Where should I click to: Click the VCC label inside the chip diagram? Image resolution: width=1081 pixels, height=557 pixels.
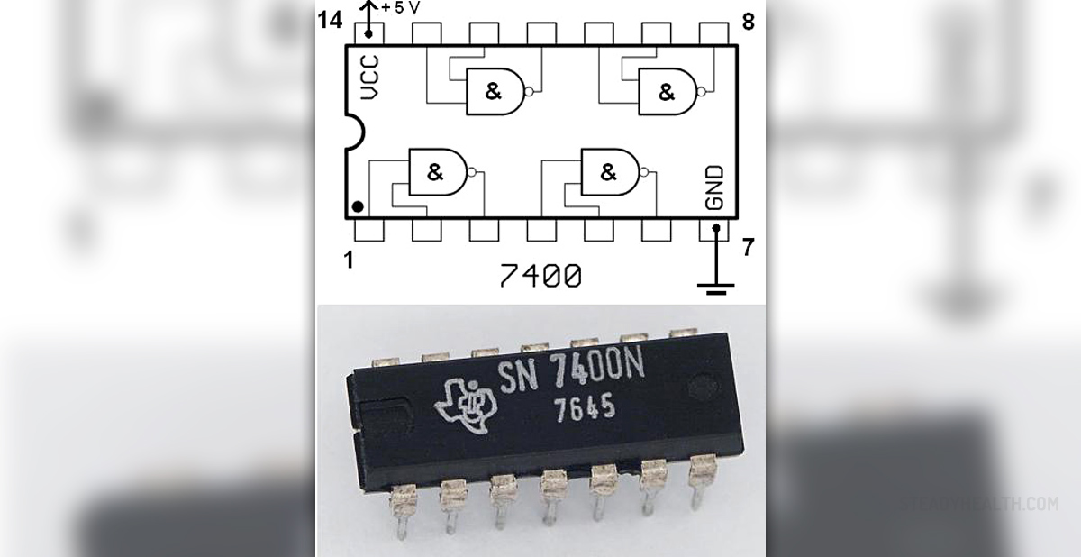click(x=369, y=78)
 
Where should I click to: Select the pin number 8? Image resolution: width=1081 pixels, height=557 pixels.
click(x=749, y=22)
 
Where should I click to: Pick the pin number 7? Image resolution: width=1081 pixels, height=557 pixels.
click(x=748, y=248)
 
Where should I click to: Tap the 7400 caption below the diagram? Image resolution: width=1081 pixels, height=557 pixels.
click(x=540, y=276)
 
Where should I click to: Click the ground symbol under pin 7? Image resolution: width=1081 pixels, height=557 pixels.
click(x=716, y=288)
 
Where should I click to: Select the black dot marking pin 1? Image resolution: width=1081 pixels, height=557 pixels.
click(x=358, y=208)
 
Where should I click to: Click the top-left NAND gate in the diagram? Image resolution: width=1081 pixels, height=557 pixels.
click(x=496, y=91)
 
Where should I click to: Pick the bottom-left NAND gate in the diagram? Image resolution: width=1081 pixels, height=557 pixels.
click(x=439, y=171)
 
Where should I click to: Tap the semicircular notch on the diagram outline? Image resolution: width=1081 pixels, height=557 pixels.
click(x=353, y=132)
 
